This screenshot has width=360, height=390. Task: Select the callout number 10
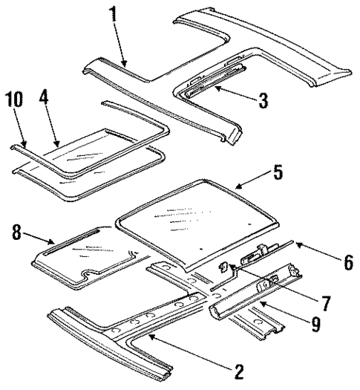click(x=13, y=98)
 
